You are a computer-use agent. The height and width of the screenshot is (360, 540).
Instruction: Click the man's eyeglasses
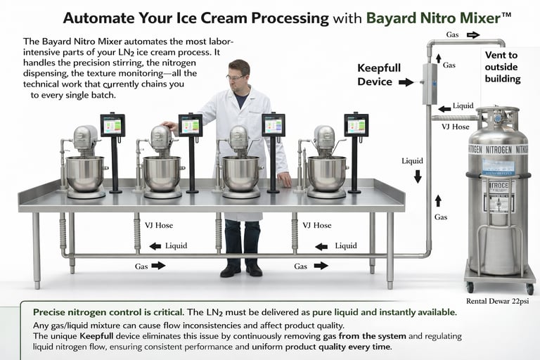pyautogui.click(x=236, y=77)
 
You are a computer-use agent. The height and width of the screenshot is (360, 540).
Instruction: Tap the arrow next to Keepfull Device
pyautogui.click(x=406, y=82)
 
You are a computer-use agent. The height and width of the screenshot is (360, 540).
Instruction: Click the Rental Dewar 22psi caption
pyautogui.click(x=497, y=301)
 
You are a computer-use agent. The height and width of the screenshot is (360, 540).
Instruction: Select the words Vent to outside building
pyautogui.click(x=503, y=67)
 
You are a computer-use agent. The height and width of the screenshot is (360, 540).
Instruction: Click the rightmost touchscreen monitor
pyautogui.click(x=356, y=125)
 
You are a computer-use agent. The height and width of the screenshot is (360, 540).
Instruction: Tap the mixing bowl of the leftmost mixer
pyautogui.click(x=85, y=174)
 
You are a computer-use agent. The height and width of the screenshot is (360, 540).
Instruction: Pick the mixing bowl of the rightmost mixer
pyautogui.click(x=326, y=174)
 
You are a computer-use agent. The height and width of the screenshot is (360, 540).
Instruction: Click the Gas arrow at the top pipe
pyautogui.click(x=473, y=34)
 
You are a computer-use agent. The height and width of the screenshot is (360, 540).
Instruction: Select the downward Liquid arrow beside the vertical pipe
pyautogui.click(x=418, y=176)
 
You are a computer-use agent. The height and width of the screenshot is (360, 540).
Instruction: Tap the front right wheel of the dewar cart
pyautogui.click(x=530, y=289)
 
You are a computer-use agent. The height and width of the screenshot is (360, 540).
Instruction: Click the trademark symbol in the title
pyautogui.click(x=506, y=15)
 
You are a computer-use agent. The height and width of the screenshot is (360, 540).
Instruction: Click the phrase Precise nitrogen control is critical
pyautogui.click(x=108, y=312)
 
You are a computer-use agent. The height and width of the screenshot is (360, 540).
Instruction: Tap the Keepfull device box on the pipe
pyautogui.click(x=430, y=84)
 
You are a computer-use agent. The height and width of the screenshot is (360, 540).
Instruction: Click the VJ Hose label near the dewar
pyautogui.click(x=456, y=127)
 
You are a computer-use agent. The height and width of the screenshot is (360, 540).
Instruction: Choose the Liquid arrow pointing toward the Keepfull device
pyautogui.click(x=444, y=109)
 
